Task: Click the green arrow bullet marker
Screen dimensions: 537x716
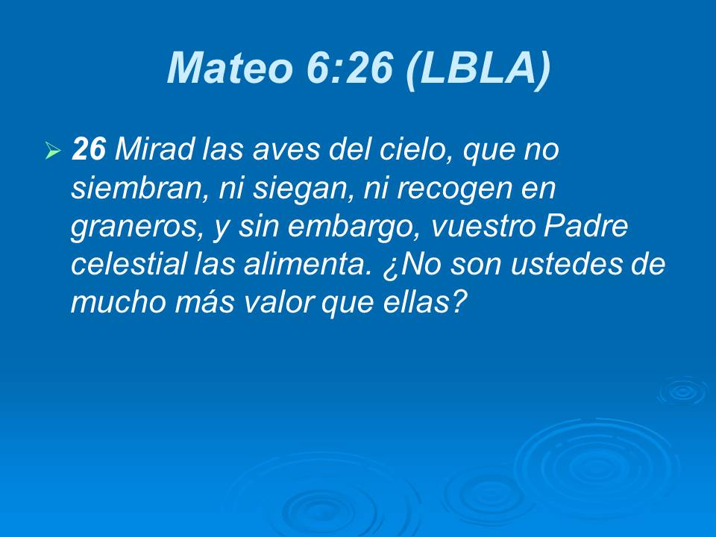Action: tap(52, 151)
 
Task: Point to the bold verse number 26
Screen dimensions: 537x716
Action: tap(89, 151)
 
